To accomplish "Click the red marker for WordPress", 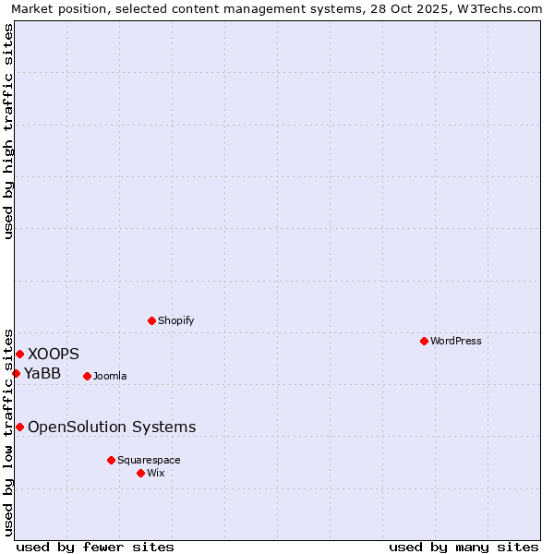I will tap(424, 341).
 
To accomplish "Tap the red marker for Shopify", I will tap(151, 320).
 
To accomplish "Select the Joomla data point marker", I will tap(87, 376).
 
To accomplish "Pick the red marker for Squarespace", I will tap(111, 460).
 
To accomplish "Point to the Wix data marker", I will tap(140, 473).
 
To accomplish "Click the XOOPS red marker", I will tap(19, 354).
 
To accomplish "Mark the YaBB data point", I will tap(16, 373).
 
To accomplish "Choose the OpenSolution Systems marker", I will tap(19, 427).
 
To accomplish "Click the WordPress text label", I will tap(456, 341).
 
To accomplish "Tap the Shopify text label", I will tap(175, 320).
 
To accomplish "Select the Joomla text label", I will tap(110, 376).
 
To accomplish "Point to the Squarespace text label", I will tap(149, 460).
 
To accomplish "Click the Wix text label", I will tap(155, 473).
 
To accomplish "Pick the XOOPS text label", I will tap(54, 354).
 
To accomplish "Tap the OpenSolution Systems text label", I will tap(112, 427).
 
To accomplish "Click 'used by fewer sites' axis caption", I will tap(95, 547).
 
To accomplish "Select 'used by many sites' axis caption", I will tap(464, 547).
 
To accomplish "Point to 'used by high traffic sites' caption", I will tap(9, 131).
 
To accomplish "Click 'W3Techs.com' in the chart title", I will tap(503, 9).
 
